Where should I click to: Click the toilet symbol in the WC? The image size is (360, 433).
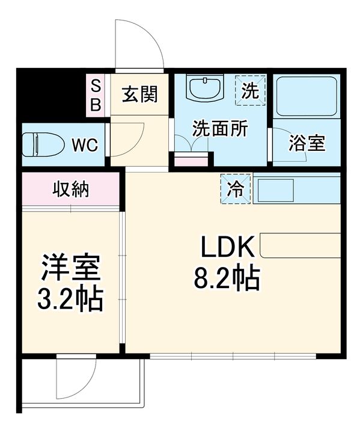[43, 144]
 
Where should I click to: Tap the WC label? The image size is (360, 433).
[85, 144]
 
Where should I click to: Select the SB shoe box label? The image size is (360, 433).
[96, 95]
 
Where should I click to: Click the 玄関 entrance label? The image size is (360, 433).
[140, 94]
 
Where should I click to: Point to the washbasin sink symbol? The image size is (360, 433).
[204, 87]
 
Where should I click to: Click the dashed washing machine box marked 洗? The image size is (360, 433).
[250, 90]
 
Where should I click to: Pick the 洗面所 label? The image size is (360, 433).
[220, 129]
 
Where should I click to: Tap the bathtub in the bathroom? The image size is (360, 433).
[307, 97]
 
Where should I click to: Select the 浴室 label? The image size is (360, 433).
[307, 143]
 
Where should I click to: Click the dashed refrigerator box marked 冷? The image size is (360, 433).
[236, 189]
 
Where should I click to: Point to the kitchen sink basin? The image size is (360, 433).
[275, 190]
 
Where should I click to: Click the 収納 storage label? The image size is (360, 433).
[71, 189]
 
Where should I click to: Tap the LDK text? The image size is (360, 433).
[228, 247]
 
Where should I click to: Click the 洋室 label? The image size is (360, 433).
[71, 267]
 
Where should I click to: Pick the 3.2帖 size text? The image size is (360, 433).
[70, 299]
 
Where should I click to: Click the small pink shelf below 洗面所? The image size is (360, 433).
[191, 162]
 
